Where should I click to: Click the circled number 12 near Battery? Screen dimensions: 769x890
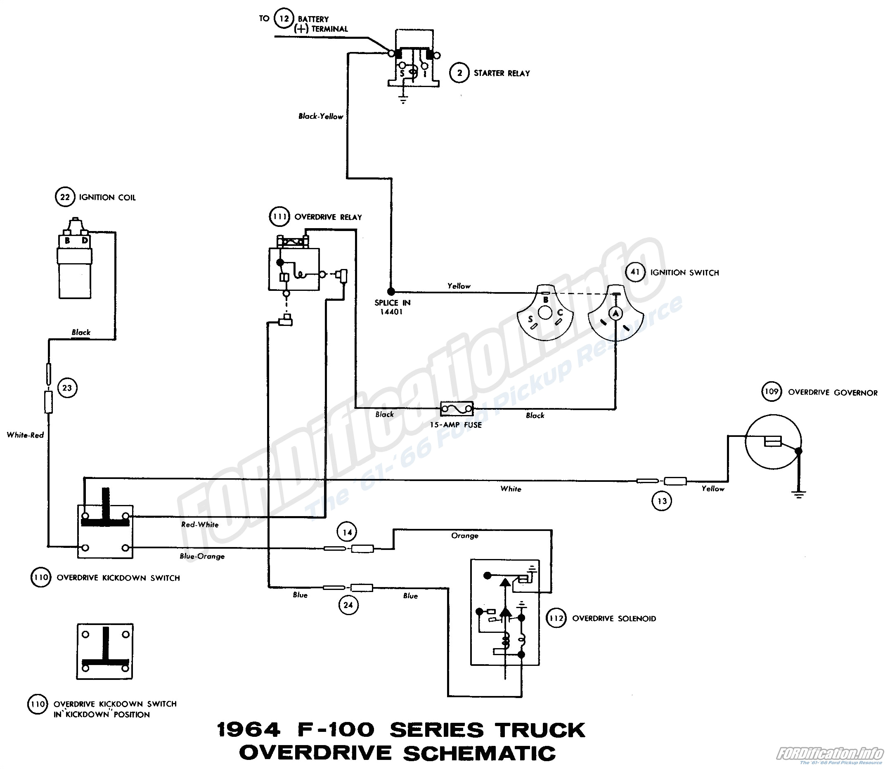284,19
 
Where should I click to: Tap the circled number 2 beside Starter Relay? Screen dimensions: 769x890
459,73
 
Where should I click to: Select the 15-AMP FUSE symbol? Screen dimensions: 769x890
457,409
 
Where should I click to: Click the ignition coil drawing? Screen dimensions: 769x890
75,262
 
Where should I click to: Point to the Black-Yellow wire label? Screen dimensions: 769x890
321,116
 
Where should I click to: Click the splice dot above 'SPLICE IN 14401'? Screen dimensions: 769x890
391,291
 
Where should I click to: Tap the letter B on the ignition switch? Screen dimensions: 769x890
545,300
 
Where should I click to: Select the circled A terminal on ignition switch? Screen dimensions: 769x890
615,314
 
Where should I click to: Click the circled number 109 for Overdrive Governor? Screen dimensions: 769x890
772,392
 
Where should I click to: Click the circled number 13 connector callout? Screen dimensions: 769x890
662,501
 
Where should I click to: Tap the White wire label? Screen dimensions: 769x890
511,488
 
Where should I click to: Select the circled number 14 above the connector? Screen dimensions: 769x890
347,533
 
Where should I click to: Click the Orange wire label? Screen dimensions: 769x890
464,536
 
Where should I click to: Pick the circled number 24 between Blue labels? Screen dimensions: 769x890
348,605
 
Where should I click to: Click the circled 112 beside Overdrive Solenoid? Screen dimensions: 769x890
556,618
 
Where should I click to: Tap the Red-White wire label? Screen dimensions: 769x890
200,524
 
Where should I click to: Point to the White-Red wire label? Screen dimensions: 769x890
25,435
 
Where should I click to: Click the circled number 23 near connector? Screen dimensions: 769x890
67,388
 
